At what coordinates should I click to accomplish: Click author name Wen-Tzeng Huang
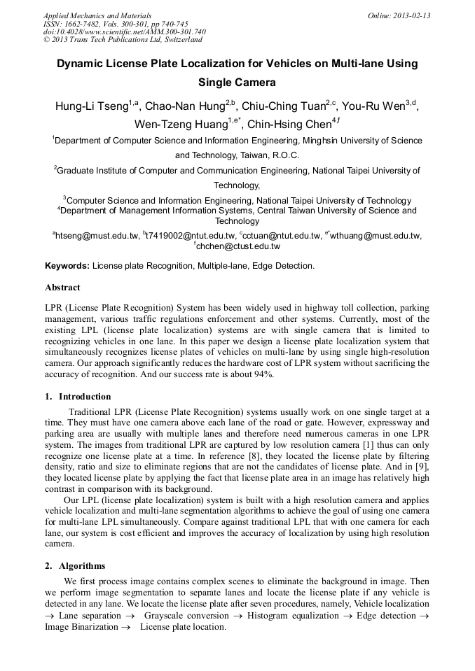pyautogui.click(x=181, y=125)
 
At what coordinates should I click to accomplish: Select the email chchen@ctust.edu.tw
pyautogui.click(x=238, y=246)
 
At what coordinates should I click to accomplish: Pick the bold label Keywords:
pyautogui.click(x=67, y=266)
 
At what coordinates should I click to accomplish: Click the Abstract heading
pyautogui.click(x=62, y=288)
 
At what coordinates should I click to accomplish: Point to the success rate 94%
pyautogui.click(x=264, y=374)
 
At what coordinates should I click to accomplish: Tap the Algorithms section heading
pyautogui.click(x=82, y=566)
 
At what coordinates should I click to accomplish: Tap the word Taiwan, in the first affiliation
pyautogui.click(x=256, y=155)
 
